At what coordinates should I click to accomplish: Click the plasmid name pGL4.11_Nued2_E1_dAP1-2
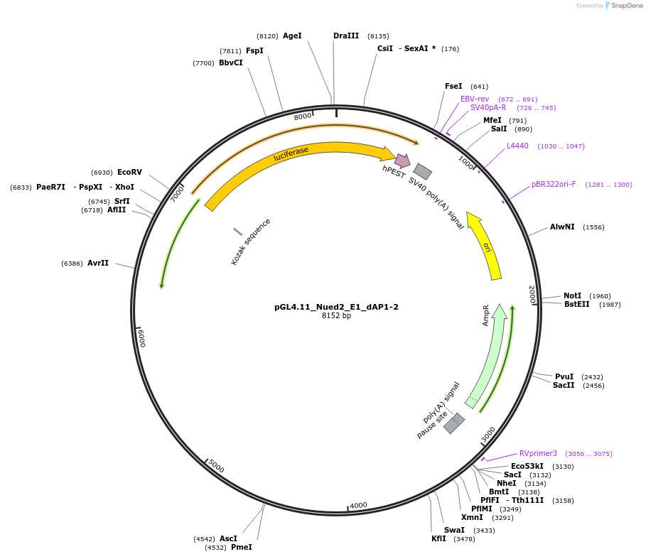336,307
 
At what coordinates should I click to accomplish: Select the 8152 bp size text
336,316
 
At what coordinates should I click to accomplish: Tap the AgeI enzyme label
292,36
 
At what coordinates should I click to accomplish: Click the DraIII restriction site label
346,36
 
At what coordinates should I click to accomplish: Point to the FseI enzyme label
453,86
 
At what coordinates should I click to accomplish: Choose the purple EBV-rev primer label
475,99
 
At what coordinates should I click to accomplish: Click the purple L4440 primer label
517,146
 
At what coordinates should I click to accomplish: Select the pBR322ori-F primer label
554,184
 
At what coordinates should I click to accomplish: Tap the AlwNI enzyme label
562,227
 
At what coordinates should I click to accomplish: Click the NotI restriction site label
572,295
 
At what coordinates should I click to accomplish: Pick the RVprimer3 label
538,453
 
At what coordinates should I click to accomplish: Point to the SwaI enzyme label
454,530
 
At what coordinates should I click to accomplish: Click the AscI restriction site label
228,538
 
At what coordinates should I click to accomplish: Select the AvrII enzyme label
98,263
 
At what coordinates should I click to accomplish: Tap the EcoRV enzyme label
129,172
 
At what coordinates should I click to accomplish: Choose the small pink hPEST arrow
402,160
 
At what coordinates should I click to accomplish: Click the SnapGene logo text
625,6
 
